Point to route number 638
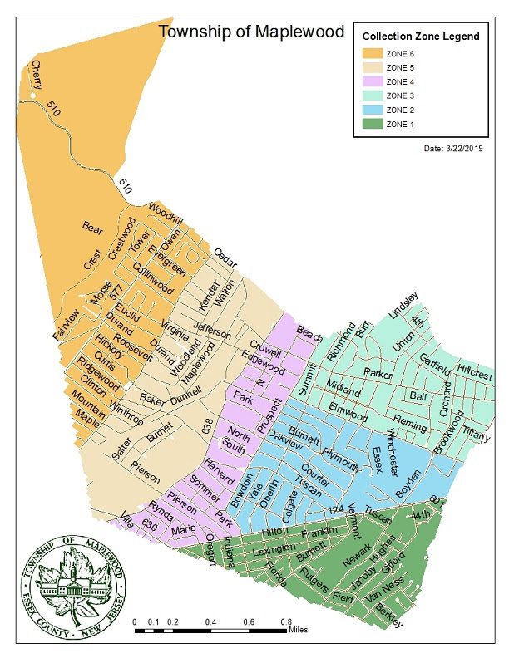[208, 426]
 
